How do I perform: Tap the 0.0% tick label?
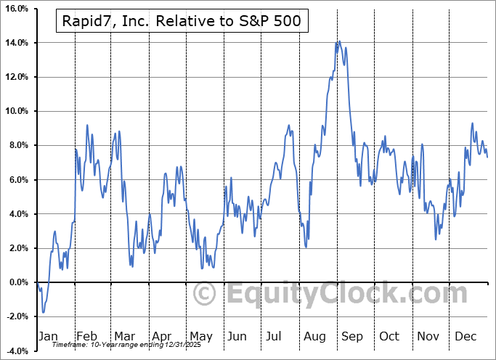[x=17, y=282]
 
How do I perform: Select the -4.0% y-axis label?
[x=16, y=351]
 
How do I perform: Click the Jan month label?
[x=47, y=336]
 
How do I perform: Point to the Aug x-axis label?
[x=314, y=336]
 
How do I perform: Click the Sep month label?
[x=352, y=336]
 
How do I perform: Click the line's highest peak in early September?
[x=338, y=41]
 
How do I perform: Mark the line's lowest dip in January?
[x=43, y=313]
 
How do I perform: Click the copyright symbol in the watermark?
[x=206, y=294]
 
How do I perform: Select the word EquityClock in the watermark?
[x=312, y=294]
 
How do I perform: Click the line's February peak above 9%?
[x=87, y=126]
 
